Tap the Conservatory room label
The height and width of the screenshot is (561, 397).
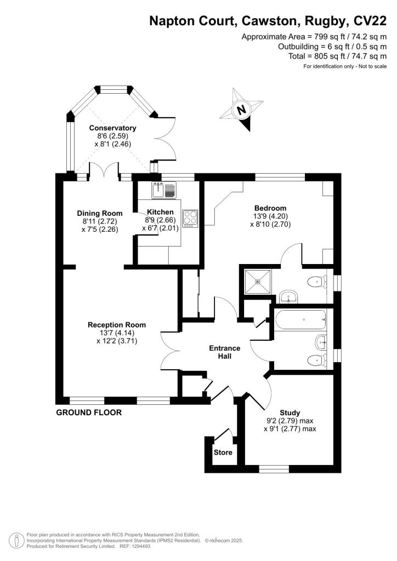coord(112,128)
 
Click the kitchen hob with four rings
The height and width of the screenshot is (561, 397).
coord(190,217)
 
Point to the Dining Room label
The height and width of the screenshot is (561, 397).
coord(99,213)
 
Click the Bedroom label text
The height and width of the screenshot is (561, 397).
coord(270,208)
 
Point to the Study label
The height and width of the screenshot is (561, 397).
coord(290,413)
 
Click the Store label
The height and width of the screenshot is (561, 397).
coord(223,453)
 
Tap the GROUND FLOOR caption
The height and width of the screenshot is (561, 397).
coord(89,413)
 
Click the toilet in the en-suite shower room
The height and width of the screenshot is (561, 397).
coord(315,282)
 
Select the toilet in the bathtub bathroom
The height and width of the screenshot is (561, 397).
coord(315,359)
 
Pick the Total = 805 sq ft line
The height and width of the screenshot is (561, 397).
coord(337,56)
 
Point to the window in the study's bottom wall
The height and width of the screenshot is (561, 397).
coord(274,468)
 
